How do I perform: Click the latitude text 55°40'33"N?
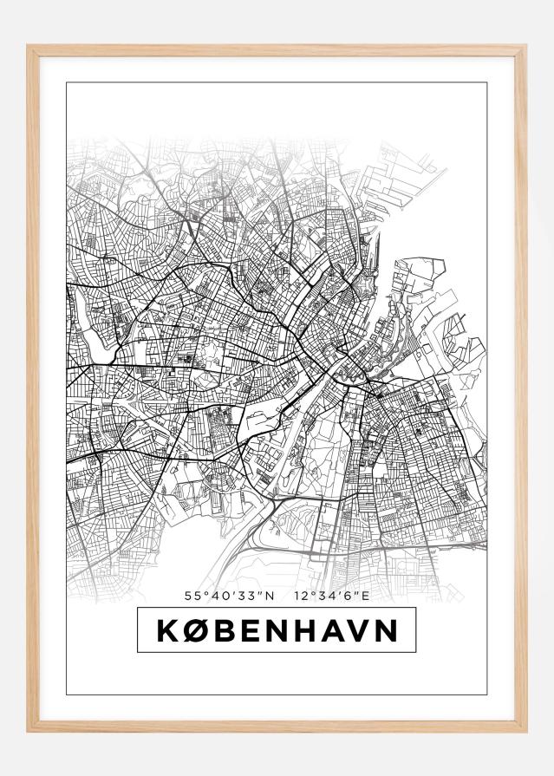click(229, 596)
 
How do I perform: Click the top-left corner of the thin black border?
click(67, 83)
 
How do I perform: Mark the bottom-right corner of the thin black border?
click(487, 694)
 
